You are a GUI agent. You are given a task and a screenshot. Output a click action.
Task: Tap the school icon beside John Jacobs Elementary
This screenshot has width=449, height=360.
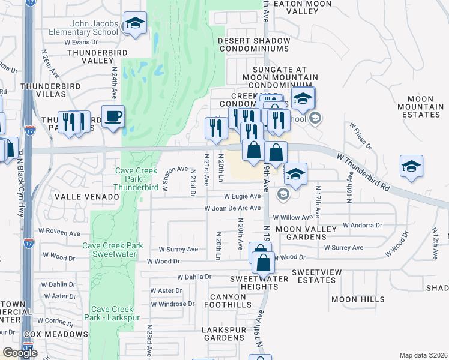136,24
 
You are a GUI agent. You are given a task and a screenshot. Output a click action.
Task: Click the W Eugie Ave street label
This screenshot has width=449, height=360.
243,196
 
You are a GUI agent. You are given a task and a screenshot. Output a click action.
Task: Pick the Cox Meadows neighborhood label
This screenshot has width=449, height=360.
56,334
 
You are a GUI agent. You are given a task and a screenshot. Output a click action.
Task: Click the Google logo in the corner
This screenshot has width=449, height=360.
20,353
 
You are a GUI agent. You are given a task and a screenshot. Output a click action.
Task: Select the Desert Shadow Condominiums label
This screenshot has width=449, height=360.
254,44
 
